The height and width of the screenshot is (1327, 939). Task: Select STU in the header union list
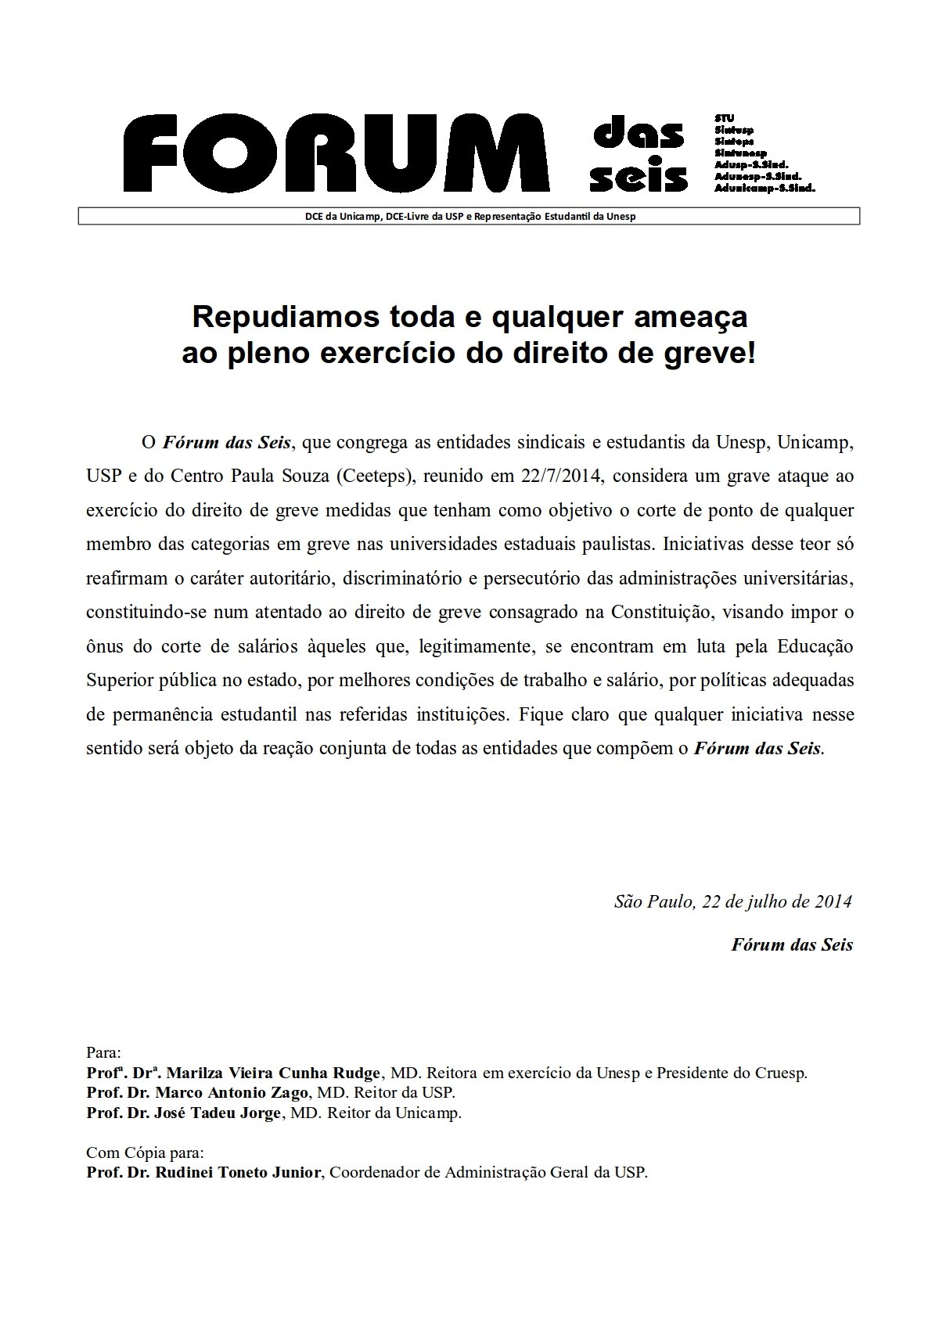point(724,118)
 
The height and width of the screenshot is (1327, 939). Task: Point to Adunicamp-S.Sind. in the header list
point(765,189)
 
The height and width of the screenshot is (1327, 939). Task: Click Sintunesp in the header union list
point(740,153)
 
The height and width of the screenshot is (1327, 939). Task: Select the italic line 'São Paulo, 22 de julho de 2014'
point(733,901)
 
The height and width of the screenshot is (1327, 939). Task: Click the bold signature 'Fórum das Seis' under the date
point(792,944)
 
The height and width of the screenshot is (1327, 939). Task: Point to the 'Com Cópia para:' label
point(146,1153)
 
